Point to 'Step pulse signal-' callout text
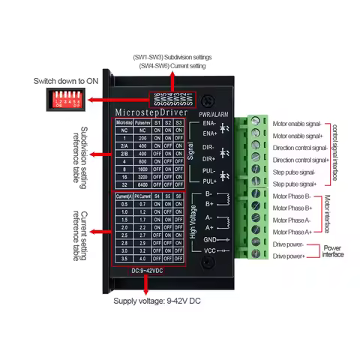pos(298,172)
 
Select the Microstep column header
pos(124,121)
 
